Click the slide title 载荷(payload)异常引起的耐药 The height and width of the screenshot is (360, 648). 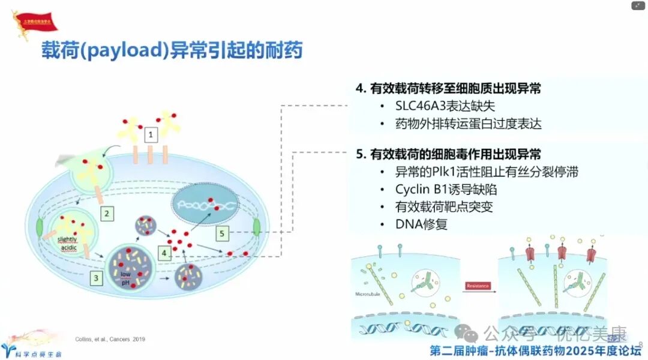tap(172, 50)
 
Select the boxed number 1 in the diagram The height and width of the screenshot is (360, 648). tap(152, 134)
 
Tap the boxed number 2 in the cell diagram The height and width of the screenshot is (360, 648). tap(107, 212)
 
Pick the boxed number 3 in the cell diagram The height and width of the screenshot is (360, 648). tap(97, 277)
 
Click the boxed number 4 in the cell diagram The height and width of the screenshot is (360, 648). tap(164, 254)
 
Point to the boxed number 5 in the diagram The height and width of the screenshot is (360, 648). tap(223, 233)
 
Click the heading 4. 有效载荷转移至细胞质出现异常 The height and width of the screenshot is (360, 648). tap(448, 89)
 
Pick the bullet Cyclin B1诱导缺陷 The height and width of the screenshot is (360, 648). tap(446, 190)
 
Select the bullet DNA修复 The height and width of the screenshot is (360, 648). tap(421, 225)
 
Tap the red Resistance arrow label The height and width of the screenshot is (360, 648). tap(478, 286)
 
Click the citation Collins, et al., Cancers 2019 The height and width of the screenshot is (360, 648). tap(110, 339)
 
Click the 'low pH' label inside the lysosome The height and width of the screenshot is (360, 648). tap(125, 278)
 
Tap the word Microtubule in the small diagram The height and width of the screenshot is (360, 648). tap(367, 294)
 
